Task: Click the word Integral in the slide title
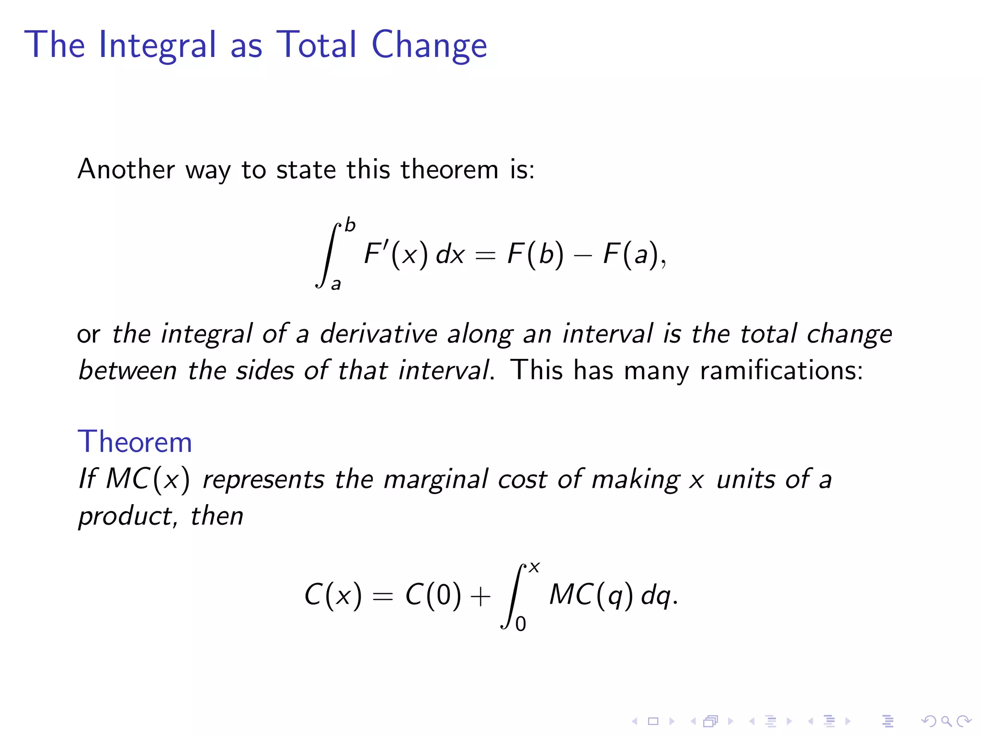point(158,45)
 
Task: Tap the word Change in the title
point(429,45)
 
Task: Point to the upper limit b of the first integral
point(350,225)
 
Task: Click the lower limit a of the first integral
point(336,284)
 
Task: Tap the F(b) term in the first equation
point(535,253)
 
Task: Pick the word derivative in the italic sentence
point(378,333)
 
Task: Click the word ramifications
point(781,370)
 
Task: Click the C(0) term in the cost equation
point(433,595)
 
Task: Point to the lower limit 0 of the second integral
point(521,624)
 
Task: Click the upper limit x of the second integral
point(535,568)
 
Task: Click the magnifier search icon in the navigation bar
point(946,721)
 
